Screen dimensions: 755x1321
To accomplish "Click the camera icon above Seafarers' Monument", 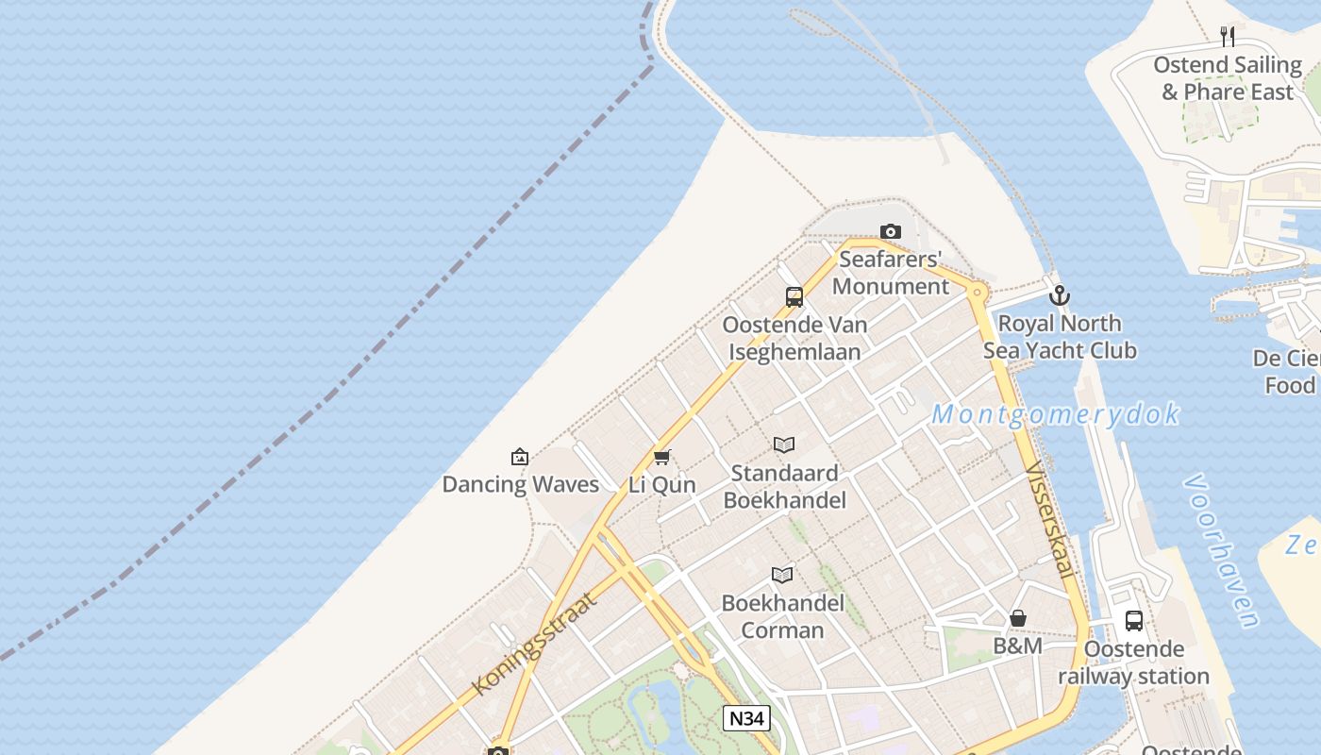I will pos(890,231).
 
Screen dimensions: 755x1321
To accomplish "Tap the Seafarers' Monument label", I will pos(891,273).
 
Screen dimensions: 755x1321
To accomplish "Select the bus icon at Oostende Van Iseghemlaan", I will pos(794,297).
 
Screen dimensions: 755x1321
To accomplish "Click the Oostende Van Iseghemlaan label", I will pos(794,338).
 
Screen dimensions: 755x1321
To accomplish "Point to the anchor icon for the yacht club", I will pos(1060,295).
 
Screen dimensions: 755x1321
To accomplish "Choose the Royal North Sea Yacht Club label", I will pos(1060,337).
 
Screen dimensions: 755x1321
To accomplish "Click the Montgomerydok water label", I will pos(1055,413).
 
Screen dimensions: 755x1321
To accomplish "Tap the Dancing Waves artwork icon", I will pos(520,458).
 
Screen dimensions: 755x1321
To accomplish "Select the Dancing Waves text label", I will pos(521,485).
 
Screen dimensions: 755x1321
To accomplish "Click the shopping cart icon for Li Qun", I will pos(662,458).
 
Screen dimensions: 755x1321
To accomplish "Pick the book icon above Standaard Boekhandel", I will pos(784,445).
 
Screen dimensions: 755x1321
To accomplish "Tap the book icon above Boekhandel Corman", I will pos(782,575).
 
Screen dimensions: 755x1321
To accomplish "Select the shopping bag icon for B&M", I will pos(1018,619).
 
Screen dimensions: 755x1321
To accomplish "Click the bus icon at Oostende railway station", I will pos(1134,621).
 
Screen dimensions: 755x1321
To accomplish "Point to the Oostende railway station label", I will pos(1133,663).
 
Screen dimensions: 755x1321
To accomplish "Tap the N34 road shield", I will pos(747,718).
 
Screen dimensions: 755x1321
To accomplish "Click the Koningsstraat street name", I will pos(535,645).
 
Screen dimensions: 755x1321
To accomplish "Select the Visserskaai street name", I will pos(1049,520).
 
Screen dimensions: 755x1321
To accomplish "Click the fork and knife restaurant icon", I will pos(1228,37).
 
